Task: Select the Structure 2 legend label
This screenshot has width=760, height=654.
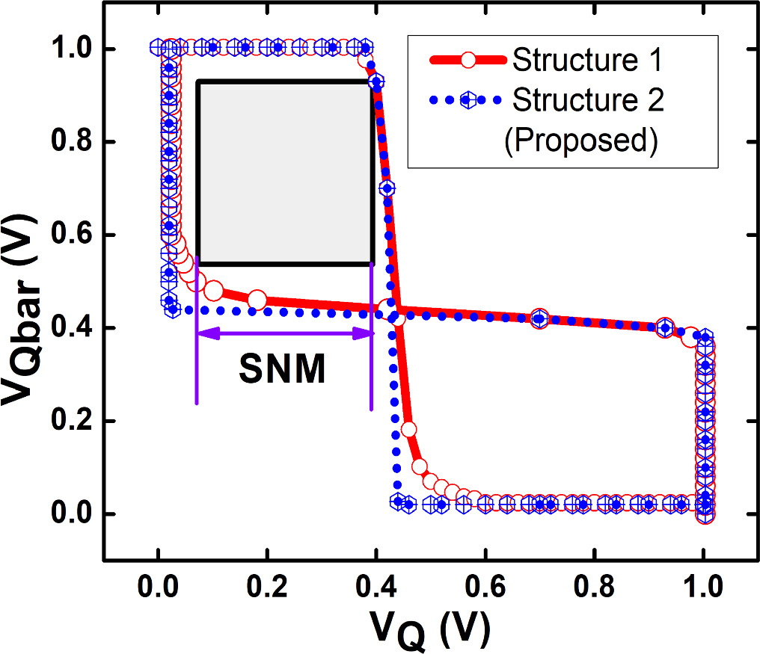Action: [586, 100]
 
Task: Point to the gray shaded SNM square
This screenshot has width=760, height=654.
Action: [284, 172]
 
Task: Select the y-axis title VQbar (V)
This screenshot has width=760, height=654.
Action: [24, 306]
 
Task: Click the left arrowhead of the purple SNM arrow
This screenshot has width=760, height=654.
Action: [204, 335]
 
